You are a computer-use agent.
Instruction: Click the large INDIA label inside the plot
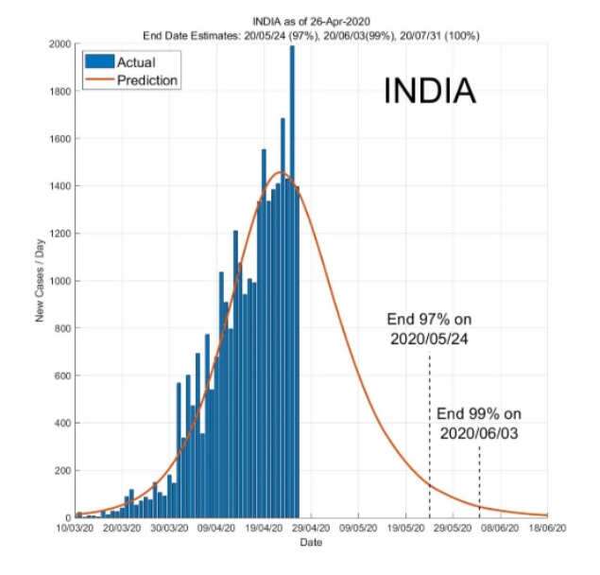pos(429,92)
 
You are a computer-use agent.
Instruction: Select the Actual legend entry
pos(135,62)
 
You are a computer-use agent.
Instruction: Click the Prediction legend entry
pos(146,80)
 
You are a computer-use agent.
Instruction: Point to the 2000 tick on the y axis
pos(57,44)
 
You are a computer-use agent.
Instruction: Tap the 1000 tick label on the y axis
pos(57,281)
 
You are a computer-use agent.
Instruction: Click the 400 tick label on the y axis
pos(60,423)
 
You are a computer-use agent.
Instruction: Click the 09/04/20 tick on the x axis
pos(216,530)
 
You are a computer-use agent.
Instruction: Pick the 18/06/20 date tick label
pos(547,530)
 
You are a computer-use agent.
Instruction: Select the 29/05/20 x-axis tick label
pos(453,530)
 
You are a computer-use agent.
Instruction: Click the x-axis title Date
pos(310,543)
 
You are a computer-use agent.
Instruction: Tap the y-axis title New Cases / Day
pos(41,281)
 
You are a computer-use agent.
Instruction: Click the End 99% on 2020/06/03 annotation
pos(479,423)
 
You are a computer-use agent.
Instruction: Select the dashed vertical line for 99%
pos(479,482)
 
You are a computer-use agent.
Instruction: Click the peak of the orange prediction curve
pos(281,172)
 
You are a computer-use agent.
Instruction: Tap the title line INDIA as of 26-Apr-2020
pos(310,20)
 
